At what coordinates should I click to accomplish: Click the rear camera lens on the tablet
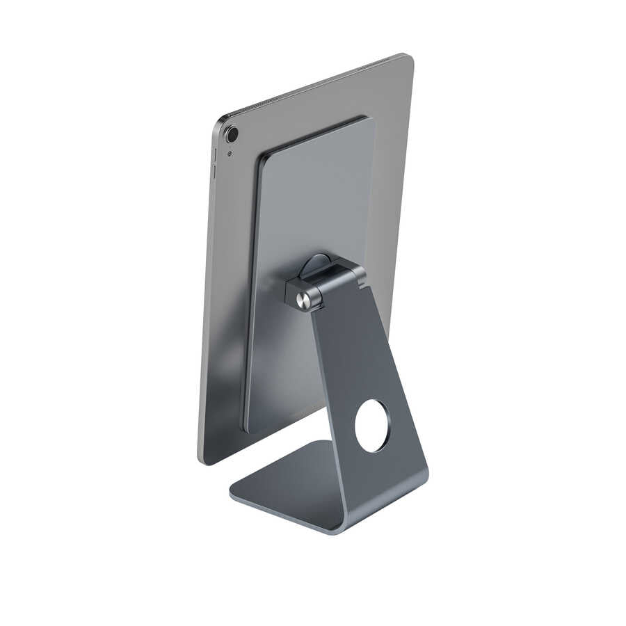tap(232, 134)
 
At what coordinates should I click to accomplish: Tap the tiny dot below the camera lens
tap(230, 154)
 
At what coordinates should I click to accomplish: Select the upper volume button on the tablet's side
tap(214, 154)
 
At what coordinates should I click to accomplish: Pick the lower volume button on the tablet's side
tap(214, 172)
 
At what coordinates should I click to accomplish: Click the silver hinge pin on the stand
tap(303, 300)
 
